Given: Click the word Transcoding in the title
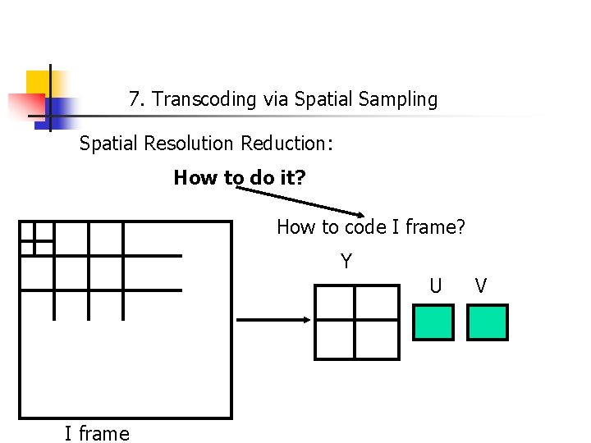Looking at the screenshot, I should coord(204,100).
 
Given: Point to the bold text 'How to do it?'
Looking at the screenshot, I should coord(239,177).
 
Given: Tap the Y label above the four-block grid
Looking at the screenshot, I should coord(346,262).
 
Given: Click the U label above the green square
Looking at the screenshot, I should coord(435,285).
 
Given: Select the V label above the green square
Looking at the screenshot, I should coord(481,285).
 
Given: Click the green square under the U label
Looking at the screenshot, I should coord(433,322).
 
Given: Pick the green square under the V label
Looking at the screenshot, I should coord(488,322).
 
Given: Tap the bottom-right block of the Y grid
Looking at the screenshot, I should coord(375,340).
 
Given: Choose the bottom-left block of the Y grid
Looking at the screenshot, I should coord(335,340).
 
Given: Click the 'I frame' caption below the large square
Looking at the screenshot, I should coord(97,432).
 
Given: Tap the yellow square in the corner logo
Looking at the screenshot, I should coord(39,83).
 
